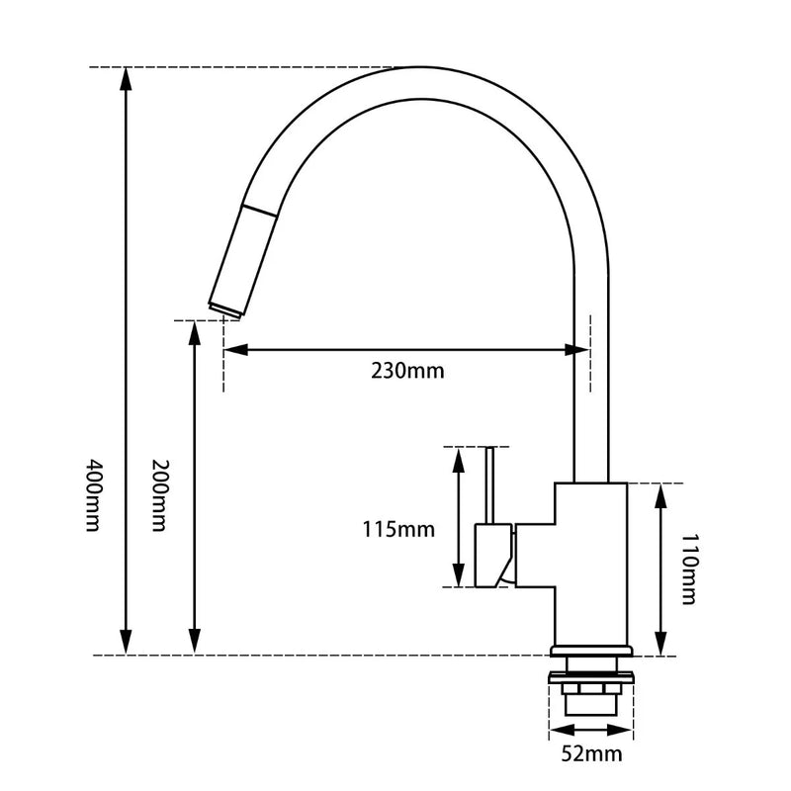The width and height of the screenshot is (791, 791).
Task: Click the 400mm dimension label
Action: [94, 495]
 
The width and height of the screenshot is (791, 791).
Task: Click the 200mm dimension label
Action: [158, 495]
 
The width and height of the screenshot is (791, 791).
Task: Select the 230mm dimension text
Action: [407, 372]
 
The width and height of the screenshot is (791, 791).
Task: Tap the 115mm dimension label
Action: [398, 529]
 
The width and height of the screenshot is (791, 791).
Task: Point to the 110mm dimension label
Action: [689, 569]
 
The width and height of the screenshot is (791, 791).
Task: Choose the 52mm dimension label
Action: [591, 755]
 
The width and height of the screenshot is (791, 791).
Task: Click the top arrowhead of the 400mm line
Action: [126, 77]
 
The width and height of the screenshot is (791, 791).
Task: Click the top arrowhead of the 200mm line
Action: [195, 330]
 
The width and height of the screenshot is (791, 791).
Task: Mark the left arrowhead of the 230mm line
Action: [233, 349]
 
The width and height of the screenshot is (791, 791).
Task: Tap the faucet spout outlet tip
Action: [224, 310]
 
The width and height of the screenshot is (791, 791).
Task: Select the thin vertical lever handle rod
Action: [488, 484]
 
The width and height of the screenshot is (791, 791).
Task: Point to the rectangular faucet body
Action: [590, 564]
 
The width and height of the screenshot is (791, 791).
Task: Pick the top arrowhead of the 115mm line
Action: [458, 458]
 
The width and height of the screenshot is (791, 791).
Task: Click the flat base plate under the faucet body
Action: [590, 652]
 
